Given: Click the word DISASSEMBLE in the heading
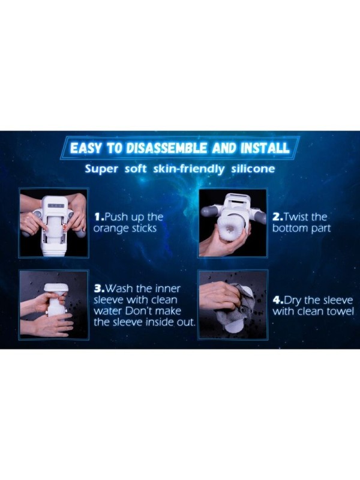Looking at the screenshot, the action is tap(167, 148).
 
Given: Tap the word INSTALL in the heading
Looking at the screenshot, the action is tap(265, 148).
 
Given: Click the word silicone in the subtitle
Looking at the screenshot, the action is tap(253, 169).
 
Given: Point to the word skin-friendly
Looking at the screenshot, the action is tap(188, 169).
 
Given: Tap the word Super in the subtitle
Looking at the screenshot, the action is tap(101, 169).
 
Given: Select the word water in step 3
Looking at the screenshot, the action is tap(109, 311).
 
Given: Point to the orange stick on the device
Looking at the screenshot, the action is tap(65, 229).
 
